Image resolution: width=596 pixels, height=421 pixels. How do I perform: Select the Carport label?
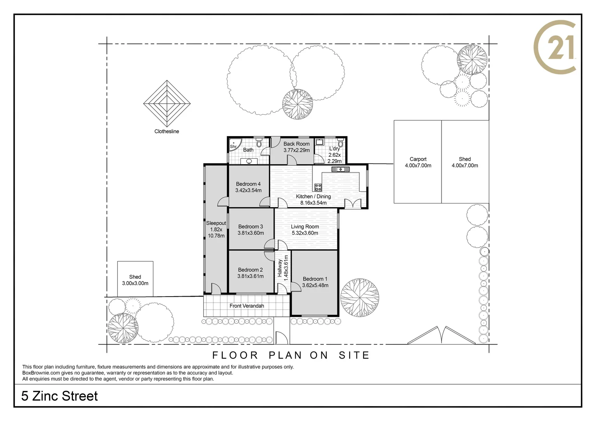point(418,162)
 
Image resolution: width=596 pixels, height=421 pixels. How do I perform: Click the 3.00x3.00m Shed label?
point(135,280)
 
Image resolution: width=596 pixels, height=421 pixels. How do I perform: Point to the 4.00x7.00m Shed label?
point(465,162)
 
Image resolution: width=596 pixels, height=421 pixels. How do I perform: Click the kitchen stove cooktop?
point(318,187)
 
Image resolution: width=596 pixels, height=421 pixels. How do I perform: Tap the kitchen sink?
point(341,169)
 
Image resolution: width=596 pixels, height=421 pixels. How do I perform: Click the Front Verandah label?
point(247,306)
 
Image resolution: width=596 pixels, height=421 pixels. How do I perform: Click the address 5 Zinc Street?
point(60,396)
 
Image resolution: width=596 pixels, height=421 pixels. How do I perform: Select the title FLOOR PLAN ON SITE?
point(291,355)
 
